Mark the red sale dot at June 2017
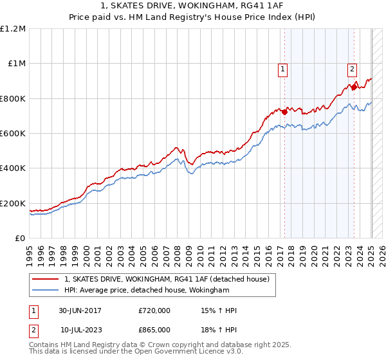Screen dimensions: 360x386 click(284, 111)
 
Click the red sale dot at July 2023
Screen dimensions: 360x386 click(353, 87)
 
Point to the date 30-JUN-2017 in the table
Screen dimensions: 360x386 click(78, 311)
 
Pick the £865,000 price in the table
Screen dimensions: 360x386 click(154, 329)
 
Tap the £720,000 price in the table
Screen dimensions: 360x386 click(154, 311)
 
